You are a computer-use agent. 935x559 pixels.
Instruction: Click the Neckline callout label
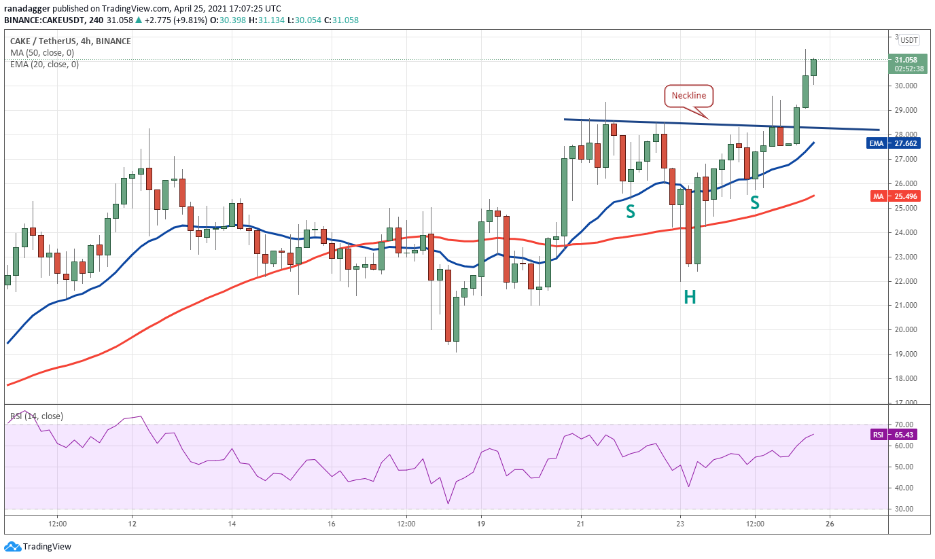(x=688, y=96)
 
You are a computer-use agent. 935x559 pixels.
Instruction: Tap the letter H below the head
(x=690, y=297)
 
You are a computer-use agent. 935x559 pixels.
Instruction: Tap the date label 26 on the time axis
(x=829, y=524)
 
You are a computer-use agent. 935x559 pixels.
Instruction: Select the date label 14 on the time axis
(x=232, y=524)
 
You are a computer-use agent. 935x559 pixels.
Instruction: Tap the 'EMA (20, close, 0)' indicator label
(x=44, y=65)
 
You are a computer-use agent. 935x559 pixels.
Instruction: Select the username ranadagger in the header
(x=28, y=9)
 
